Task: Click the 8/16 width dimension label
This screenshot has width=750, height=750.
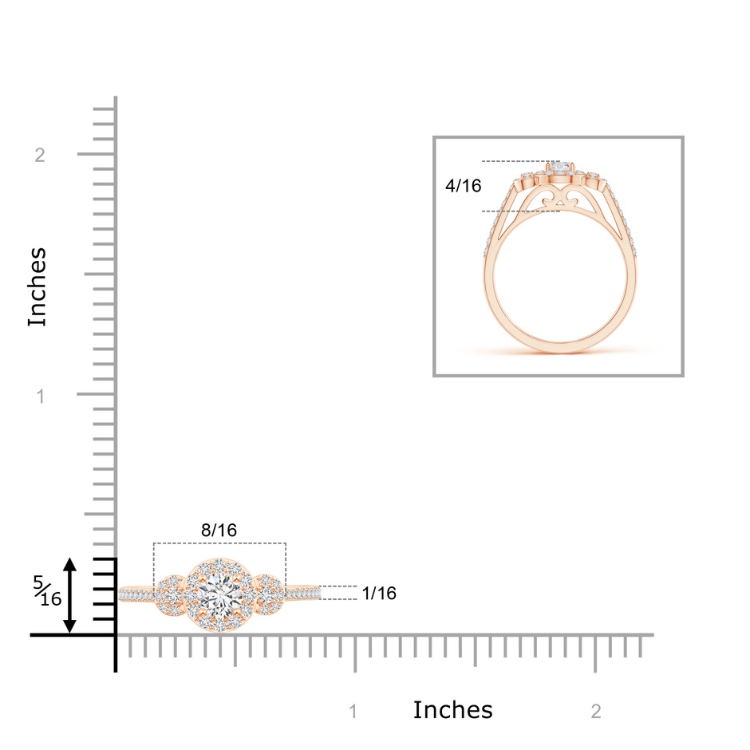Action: (x=219, y=530)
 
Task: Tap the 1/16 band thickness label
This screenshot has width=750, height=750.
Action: (x=379, y=593)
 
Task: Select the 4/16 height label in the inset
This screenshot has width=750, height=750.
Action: (x=463, y=186)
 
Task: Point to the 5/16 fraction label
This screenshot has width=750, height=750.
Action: (x=47, y=590)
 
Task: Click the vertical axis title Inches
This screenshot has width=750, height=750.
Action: (x=37, y=287)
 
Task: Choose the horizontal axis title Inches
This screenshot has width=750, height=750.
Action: (x=452, y=710)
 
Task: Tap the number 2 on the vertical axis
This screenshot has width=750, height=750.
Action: (x=40, y=155)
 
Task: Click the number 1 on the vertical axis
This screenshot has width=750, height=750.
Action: (x=41, y=396)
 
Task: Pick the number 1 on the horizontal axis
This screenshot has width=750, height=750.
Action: (x=353, y=712)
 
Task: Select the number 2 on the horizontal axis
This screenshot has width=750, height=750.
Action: (x=596, y=712)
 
